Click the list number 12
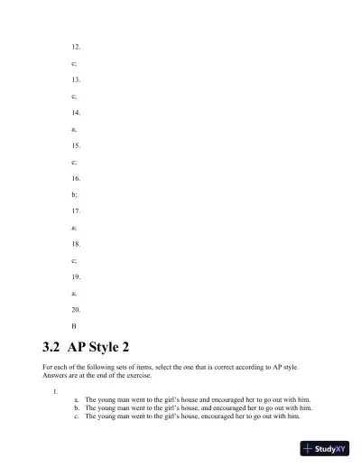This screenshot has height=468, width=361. click(x=76, y=46)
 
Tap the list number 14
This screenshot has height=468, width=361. click(x=76, y=112)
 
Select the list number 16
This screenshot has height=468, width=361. click(x=76, y=178)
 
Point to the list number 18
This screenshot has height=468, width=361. click(x=76, y=244)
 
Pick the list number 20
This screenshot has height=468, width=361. click(x=76, y=309)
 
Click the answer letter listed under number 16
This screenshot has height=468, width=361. click(x=74, y=194)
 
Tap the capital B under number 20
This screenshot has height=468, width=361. click(x=74, y=325)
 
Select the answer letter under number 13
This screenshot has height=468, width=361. click(x=74, y=96)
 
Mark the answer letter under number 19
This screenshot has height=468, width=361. click(x=74, y=293)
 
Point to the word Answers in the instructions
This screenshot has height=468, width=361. click(x=57, y=376)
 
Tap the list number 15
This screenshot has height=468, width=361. click(x=76, y=145)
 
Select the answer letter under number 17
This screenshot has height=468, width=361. click(x=74, y=228)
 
